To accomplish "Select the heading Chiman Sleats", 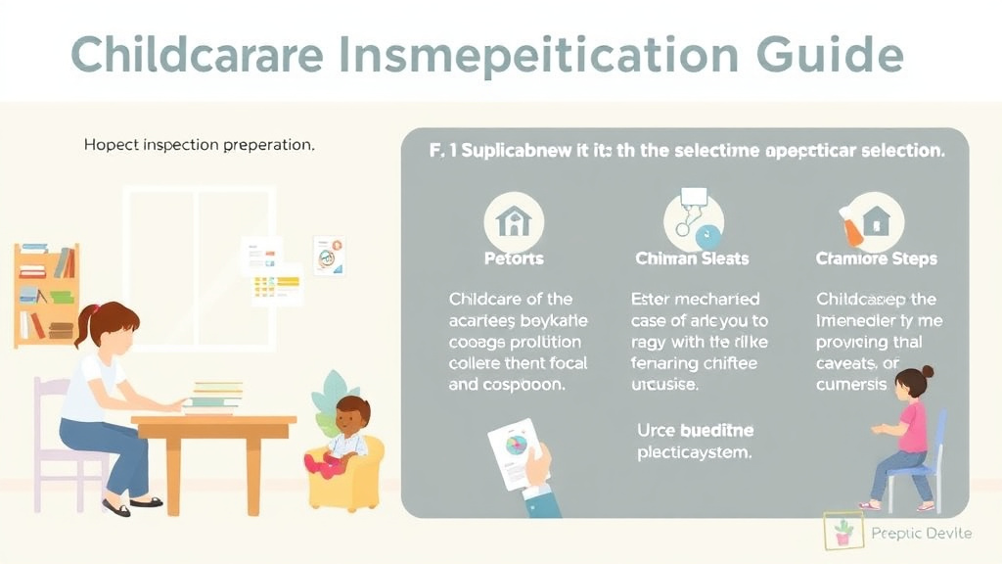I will (692, 259).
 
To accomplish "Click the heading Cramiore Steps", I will (876, 259).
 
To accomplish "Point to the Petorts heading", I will (514, 259).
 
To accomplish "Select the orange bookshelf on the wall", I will (46, 294).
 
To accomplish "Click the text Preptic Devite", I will (921, 533).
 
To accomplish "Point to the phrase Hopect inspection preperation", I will (199, 144).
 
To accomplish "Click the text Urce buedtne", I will (695, 431).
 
